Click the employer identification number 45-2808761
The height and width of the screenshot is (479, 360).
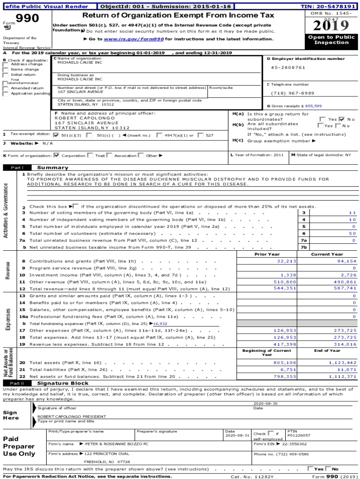pyautogui.click(x=288, y=67)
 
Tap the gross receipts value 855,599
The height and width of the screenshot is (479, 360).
pyautogui.click(x=313, y=106)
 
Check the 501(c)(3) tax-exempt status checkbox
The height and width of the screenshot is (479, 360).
pyautogui.click(x=57, y=135)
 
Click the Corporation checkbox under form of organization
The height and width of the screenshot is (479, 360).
pyautogui.click(x=57, y=155)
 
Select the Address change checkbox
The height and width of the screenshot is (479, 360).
pyautogui.click(x=6, y=65)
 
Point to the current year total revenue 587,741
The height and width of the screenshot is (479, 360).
pyautogui.click(x=345, y=289)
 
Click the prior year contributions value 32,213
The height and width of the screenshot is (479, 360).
pyautogui.click(x=286, y=261)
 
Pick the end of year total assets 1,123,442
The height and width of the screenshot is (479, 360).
pyautogui.click(x=342, y=363)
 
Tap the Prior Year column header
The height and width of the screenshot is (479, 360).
pyautogui.click(x=267, y=254)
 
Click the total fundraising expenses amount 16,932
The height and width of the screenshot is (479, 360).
pyautogui.click(x=160, y=323)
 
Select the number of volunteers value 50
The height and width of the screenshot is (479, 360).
pyautogui.click(x=353, y=233)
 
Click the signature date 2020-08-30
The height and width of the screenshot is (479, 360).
pyautogui.click(x=266, y=403)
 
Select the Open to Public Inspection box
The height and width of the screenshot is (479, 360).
pyautogui.click(x=331, y=40)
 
